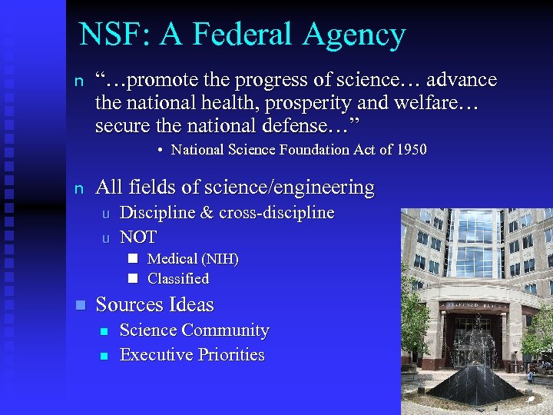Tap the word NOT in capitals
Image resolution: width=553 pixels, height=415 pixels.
coord(138,237)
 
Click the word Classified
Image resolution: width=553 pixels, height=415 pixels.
coord(178,279)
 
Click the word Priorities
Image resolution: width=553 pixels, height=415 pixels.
coord(231,355)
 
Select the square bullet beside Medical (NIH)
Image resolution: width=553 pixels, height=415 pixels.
coord(132,259)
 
